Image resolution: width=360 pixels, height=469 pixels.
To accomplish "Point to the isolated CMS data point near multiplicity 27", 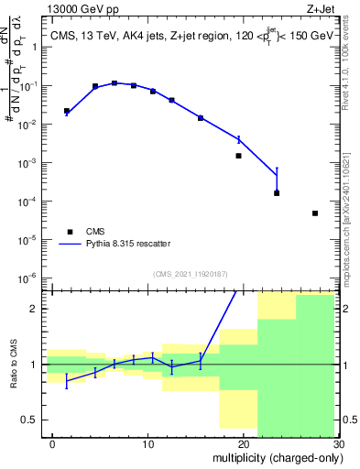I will pos(315,213).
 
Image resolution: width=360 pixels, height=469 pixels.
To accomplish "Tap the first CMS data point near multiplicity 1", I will pos(66,111).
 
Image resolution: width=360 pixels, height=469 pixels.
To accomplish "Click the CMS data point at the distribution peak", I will pos(115,83).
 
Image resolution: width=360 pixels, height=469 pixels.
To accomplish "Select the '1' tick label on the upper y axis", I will pos(35,47).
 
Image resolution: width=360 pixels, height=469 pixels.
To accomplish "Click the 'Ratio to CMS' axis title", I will pos(13,365).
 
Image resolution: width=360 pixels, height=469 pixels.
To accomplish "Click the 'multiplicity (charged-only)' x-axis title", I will pos(273,458).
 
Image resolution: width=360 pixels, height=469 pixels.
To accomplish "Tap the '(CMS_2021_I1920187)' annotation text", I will pos(190,273).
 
